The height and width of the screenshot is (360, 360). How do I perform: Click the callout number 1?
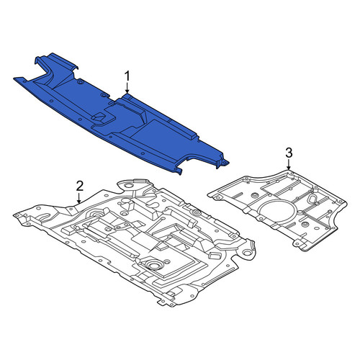tap(127, 76)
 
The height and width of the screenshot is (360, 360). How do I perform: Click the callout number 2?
tap(80, 186)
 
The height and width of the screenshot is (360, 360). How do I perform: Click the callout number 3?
tap(289, 153)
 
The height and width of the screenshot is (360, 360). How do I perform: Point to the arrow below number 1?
tap(127, 88)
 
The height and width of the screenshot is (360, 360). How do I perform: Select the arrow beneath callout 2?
tap(79, 198)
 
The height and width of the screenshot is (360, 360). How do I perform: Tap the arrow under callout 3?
tap(289, 165)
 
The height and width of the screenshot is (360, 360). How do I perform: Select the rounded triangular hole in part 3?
tap(313, 199)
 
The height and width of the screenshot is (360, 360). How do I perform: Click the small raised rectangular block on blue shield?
tap(99, 117)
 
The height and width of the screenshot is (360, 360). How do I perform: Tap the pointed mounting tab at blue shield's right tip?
tap(225, 163)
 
